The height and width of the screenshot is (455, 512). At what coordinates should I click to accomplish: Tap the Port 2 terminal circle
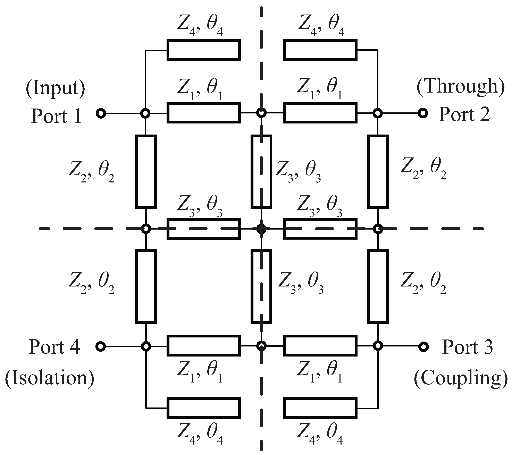(423, 113)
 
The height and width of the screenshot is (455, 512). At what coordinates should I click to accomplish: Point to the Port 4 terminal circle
(101, 346)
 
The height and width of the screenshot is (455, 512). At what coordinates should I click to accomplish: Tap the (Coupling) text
(460, 378)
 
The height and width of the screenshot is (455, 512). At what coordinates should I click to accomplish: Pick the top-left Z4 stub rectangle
(204, 50)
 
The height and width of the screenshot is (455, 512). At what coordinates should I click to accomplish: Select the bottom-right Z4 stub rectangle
(320, 408)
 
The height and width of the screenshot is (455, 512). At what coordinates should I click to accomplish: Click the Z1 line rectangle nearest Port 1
(204, 113)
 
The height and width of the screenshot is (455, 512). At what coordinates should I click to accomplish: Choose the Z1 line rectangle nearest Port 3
(320, 346)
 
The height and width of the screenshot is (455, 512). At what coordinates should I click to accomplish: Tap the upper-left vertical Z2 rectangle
(146, 172)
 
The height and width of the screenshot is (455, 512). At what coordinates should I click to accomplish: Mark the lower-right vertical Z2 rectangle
(378, 286)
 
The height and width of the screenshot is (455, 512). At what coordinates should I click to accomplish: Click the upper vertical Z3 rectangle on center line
(261, 172)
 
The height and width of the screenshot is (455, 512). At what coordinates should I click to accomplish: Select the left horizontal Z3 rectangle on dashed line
(204, 229)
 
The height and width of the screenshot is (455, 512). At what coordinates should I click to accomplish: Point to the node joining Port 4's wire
(146, 346)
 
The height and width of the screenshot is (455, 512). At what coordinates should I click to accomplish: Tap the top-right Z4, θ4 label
(321, 27)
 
